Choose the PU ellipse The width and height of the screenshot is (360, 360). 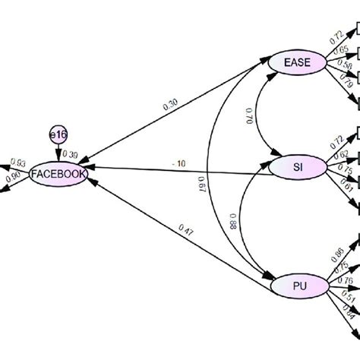click(x=299, y=286)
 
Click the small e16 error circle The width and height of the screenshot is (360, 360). click(x=57, y=134)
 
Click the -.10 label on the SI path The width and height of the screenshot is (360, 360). click(x=179, y=163)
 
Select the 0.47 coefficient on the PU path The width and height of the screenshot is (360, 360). click(x=185, y=228)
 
